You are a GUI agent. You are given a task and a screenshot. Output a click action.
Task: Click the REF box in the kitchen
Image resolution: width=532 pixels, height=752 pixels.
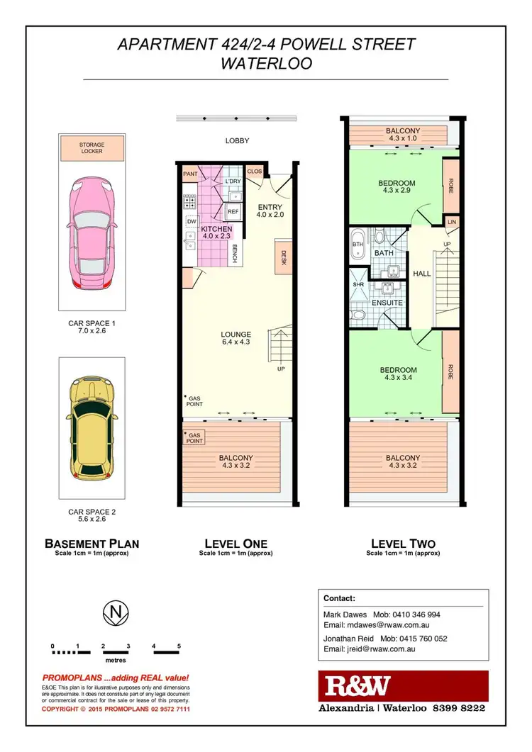233,211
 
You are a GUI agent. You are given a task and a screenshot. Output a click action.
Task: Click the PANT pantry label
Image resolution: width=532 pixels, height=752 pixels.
190,173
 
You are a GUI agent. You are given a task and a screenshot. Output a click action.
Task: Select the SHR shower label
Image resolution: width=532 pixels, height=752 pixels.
358,286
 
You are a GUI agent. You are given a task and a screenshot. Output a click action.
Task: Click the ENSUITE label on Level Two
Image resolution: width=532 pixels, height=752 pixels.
388,303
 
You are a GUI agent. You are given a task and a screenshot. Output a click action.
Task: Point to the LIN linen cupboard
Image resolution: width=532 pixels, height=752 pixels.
451,222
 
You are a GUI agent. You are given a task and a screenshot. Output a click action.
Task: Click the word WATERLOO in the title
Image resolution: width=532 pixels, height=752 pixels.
266,63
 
